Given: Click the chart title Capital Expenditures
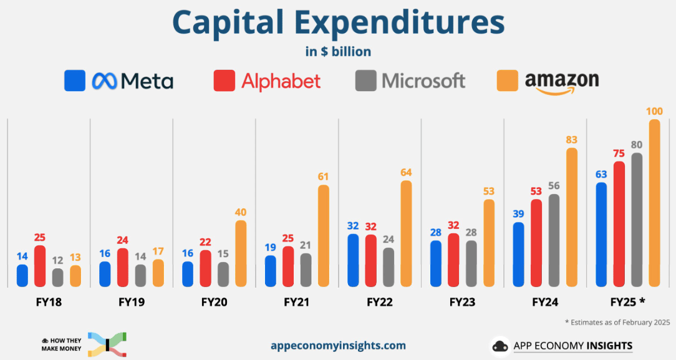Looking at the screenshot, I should coord(338,22).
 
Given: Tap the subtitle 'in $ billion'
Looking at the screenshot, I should coord(338,51).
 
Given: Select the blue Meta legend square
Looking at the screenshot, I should coord(75,80).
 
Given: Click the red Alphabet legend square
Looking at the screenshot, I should coord(224,80).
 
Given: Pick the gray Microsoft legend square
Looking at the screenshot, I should coord(365,80).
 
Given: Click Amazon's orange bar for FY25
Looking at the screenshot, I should coord(654,203).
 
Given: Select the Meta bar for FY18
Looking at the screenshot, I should coord(22,275).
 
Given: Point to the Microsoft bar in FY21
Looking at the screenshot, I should coord(306,270).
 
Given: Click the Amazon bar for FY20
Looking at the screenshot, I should coord(241,253).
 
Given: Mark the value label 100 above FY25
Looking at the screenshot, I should coord(654,112).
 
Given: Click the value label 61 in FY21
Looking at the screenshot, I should coord(323,177).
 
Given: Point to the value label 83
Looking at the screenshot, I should coord(571,140).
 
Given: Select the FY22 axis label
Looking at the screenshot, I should coord(380,303).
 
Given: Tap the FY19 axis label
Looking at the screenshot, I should coord(132,303).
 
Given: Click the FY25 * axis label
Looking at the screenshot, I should coord(627,303).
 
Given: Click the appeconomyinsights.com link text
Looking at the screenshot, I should coord(338,345).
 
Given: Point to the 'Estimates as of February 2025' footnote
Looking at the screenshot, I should coord(617,322).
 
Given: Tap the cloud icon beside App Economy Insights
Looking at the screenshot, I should coord(500,346).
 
